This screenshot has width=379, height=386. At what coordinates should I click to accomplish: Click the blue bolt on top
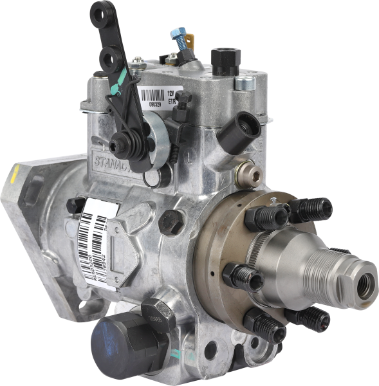tap(180, 35)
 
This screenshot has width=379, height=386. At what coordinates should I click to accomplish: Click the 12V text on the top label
tap(171, 94)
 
